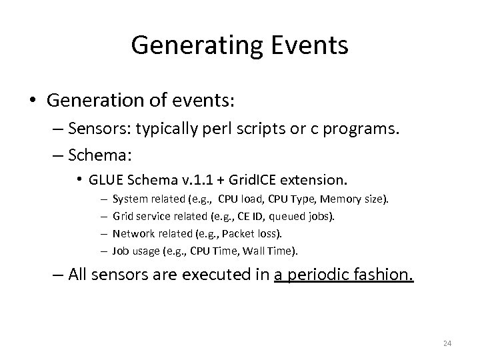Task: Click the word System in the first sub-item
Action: [x=127, y=199]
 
